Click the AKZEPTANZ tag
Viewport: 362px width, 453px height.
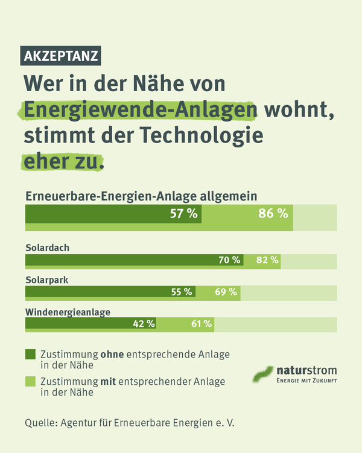point(61,56)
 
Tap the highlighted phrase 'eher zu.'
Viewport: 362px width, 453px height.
point(63,161)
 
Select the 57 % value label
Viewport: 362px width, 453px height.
point(184,213)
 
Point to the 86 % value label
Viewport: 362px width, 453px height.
point(273,213)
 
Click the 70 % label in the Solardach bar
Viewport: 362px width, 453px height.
point(229,260)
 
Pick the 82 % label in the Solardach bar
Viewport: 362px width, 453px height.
point(267,260)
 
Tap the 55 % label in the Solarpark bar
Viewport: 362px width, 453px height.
point(182,292)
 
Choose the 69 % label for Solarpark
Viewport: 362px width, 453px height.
point(226,292)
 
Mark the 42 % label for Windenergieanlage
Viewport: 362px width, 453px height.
point(144,324)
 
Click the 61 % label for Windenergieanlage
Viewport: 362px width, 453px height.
point(202,324)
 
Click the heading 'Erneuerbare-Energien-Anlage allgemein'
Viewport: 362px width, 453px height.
point(141,196)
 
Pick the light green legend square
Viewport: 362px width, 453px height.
point(30,382)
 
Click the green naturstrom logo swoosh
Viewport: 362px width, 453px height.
point(263,374)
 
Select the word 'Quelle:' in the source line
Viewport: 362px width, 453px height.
point(40,422)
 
